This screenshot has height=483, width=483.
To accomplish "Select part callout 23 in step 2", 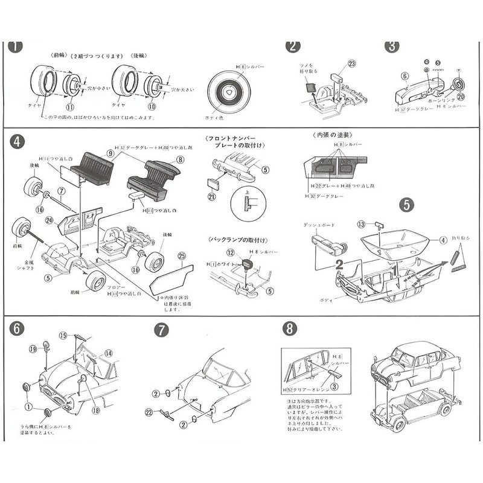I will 352,62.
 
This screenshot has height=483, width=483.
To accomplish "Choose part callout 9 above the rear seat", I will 110,155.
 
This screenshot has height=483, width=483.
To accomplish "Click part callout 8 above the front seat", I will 180,159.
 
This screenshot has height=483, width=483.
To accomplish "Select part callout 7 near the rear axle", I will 62,191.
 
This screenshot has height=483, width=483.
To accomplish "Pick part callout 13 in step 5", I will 362,225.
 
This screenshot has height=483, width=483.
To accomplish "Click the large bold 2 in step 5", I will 339,264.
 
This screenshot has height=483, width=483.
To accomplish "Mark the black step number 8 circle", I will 290,328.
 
